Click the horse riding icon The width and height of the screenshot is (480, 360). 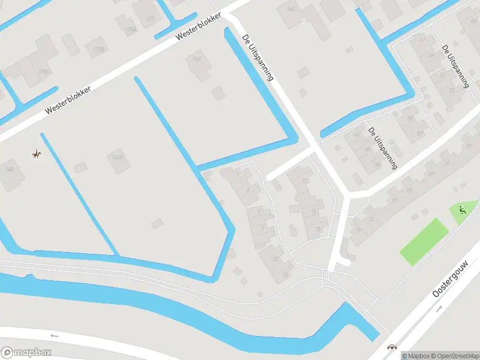coord(37,154)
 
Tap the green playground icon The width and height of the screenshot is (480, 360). coord(461,210)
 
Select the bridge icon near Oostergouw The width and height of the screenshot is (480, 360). coord(393,347)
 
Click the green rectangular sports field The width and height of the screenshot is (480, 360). coord(424,241)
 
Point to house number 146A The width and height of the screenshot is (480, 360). coord(118,157)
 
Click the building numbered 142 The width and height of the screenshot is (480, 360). coord(292,8)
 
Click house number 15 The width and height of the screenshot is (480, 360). coord(313,211)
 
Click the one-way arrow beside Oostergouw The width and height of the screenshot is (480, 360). coord(439,308)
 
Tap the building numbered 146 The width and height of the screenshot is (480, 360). coord(197,59)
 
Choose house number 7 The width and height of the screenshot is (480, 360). coord(262,229)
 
